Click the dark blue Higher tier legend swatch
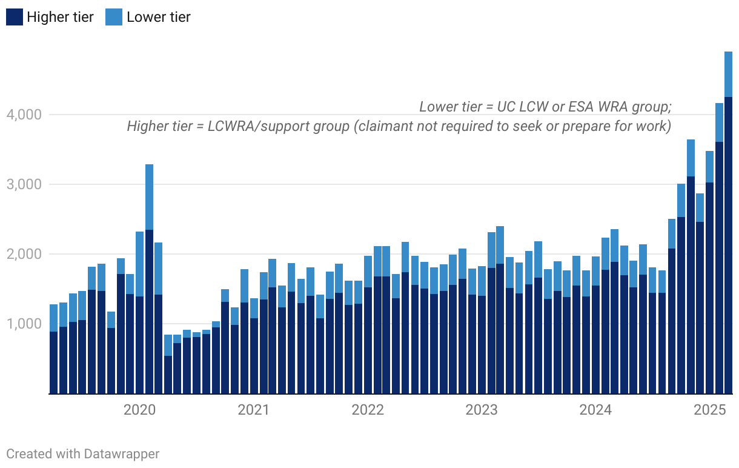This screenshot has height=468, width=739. tap(15, 17)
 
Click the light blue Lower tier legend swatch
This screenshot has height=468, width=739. tap(114, 17)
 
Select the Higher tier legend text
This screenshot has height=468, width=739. tap(60, 17)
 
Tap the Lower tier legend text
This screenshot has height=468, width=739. tap(159, 17)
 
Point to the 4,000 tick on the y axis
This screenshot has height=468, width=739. tap(24, 115)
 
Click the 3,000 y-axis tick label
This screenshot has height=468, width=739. tap(24, 184)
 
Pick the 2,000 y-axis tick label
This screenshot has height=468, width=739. tap(24, 254)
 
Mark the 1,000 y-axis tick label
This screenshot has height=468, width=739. tap(24, 324)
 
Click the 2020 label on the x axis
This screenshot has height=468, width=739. tap(139, 410)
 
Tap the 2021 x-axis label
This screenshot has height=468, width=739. tap(253, 410)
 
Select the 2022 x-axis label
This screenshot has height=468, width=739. tap(368, 410)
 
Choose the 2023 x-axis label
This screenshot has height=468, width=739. tap(482, 410)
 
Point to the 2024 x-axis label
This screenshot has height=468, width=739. tap(595, 410)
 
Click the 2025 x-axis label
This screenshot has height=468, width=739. tap(710, 410)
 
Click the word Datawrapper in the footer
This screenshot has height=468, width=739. tap(122, 453)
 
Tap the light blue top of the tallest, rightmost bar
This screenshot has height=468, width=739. tap(728, 74)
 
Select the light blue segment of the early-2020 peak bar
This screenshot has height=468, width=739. tap(149, 197)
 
